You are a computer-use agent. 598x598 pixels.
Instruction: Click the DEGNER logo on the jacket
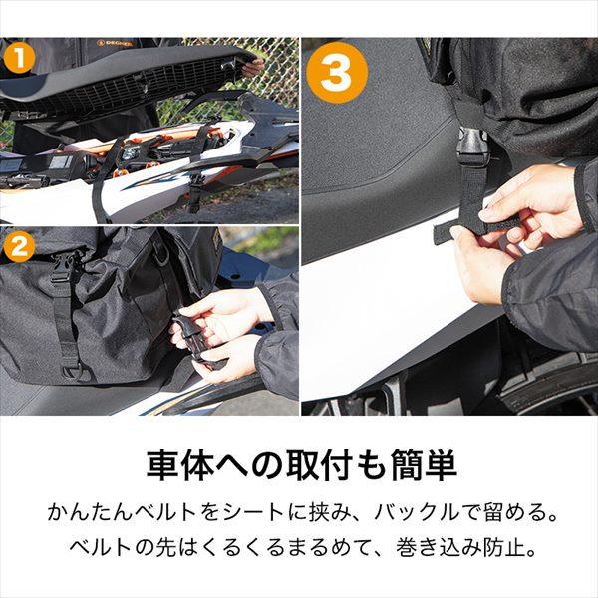[x=117, y=43]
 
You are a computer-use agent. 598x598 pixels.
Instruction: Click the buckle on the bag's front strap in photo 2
[x=62, y=266]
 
